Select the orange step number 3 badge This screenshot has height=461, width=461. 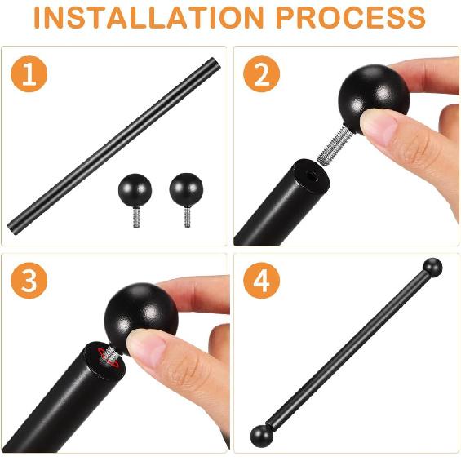(29, 281)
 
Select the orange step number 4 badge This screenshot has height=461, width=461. (262, 281)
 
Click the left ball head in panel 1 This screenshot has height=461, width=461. (134, 190)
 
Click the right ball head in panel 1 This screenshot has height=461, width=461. (186, 188)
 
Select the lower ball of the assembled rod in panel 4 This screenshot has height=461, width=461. (261, 434)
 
